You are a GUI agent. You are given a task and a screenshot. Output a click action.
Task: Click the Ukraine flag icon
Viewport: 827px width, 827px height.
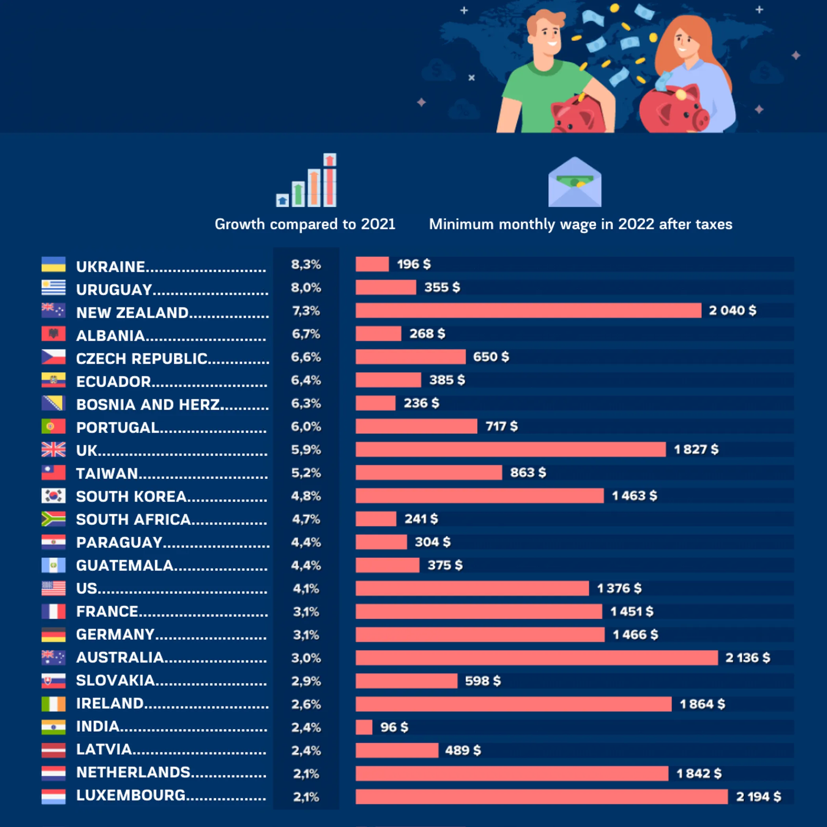tap(54, 265)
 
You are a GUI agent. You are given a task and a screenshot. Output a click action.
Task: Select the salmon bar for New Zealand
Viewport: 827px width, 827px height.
tap(528, 310)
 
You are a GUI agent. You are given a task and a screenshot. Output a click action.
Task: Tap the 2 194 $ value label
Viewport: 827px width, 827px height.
tap(758, 797)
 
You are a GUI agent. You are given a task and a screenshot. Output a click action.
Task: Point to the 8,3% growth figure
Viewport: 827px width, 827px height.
tap(306, 265)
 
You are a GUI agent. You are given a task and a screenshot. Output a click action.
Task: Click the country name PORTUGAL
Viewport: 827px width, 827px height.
tap(118, 427)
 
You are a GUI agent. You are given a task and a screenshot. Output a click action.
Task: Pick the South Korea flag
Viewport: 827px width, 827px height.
tap(54, 496)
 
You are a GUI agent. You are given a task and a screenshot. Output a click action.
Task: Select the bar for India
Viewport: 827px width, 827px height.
tap(364, 727)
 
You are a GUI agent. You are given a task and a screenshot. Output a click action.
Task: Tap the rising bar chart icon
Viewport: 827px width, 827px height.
tap(306, 181)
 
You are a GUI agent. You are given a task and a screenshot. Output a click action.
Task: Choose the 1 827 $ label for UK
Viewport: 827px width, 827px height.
tap(696, 449)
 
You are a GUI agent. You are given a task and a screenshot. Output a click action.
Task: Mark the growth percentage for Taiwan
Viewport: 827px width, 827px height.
tap(306, 473)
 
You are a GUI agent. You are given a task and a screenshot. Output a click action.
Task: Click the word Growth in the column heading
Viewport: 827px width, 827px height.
tap(240, 224)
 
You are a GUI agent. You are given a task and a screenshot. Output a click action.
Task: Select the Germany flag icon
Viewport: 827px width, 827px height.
tap(54, 634)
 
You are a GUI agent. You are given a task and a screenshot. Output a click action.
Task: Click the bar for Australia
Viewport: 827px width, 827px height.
tap(536, 658)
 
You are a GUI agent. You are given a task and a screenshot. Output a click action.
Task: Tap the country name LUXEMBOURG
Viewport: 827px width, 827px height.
tap(131, 795)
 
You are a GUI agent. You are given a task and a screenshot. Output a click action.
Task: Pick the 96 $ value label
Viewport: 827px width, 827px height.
tap(394, 727)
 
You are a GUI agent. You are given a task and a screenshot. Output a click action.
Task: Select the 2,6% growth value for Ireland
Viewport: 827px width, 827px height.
tap(306, 704)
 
